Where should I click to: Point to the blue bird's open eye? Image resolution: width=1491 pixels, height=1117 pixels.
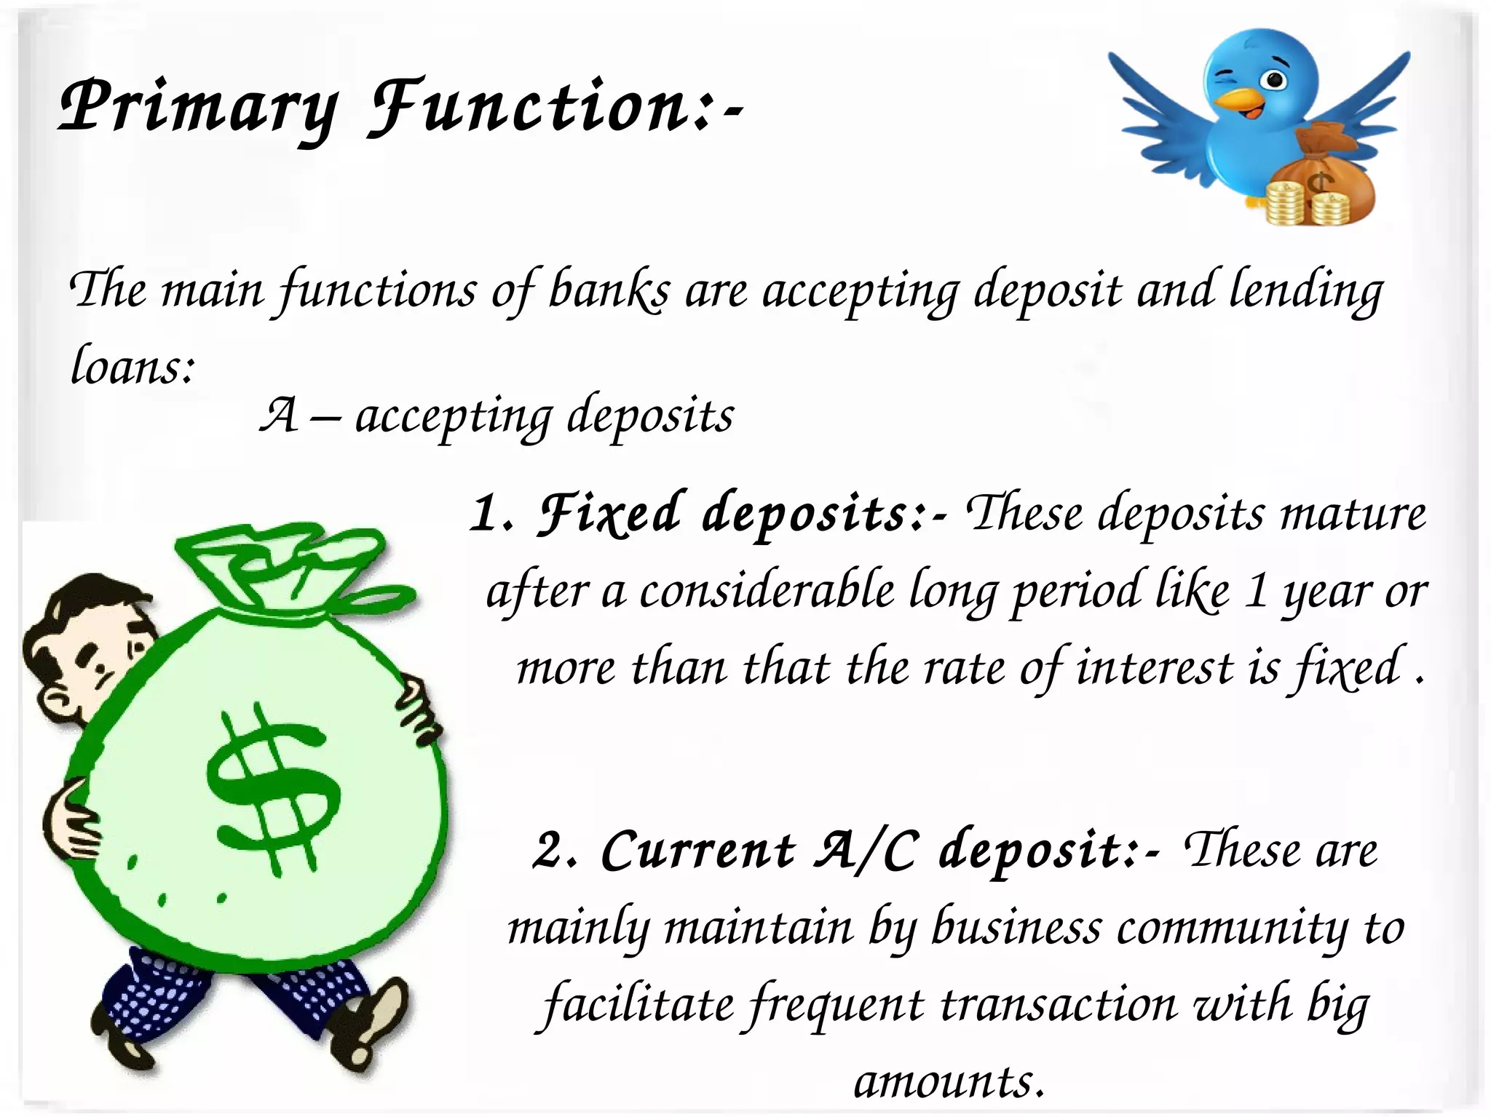point(1273,79)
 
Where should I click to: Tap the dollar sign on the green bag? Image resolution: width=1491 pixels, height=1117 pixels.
point(273,790)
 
